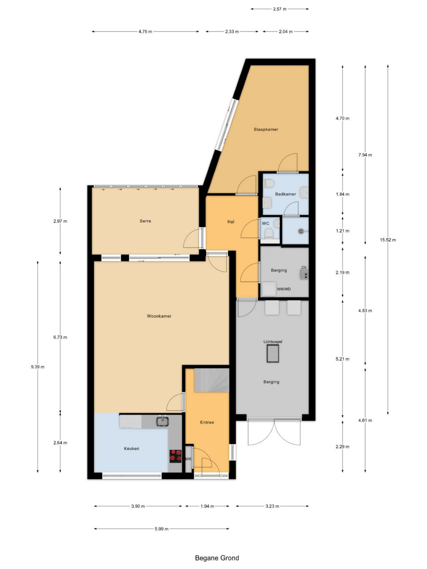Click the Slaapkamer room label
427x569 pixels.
(x=266, y=129)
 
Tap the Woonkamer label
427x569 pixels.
(x=159, y=316)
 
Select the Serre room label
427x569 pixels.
(x=145, y=221)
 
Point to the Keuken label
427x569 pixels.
(x=132, y=449)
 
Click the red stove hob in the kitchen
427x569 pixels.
(x=176, y=456)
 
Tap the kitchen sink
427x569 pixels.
(x=162, y=421)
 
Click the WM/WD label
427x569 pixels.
(x=284, y=289)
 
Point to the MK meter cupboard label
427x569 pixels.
(x=189, y=459)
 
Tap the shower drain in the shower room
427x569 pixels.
(x=301, y=231)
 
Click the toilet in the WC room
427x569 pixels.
(x=269, y=233)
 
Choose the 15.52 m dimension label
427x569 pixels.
(x=388, y=240)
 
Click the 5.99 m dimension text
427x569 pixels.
(x=161, y=529)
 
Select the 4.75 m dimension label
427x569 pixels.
(x=145, y=32)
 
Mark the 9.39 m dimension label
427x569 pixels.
(x=38, y=367)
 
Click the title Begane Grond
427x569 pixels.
(x=217, y=558)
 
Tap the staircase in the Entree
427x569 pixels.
(x=212, y=380)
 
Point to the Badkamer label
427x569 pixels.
(x=286, y=194)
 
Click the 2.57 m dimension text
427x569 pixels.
(x=280, y=9)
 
